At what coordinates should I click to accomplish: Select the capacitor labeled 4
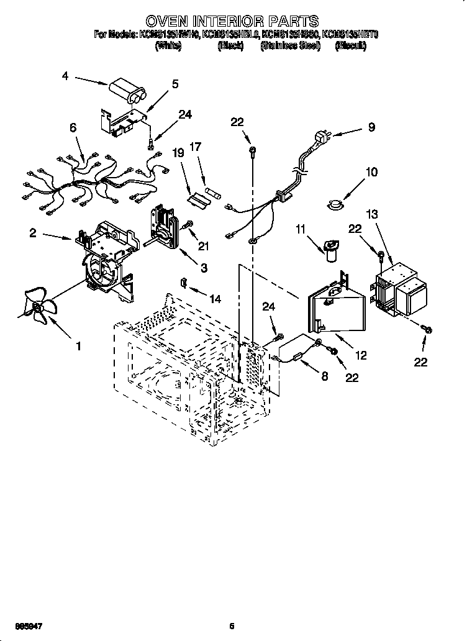127,91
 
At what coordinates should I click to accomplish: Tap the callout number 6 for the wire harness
73,127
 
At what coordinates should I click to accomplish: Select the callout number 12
360,355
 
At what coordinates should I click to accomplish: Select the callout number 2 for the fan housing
32,233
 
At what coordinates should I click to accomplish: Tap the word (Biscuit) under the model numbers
350,46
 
